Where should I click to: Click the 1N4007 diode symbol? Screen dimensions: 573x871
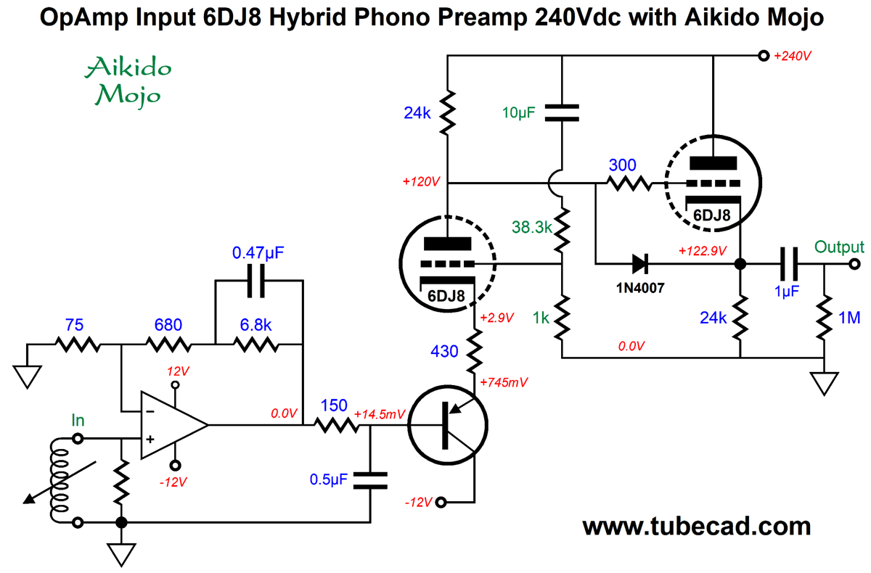coord(639,263)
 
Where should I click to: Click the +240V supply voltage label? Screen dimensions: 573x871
coord(793,56)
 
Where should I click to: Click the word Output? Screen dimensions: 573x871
coord(838,247)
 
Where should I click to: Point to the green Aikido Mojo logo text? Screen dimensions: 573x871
coord(128,81)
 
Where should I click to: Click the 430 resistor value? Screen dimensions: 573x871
coord(444,352)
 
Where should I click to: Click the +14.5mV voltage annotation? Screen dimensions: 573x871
coord(380,414)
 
